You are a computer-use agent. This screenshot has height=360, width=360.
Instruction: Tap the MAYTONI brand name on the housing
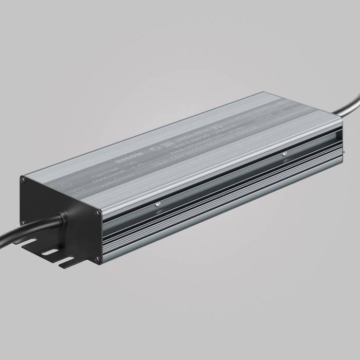[193, 141]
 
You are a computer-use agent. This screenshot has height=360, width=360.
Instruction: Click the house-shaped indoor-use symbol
[153, 154]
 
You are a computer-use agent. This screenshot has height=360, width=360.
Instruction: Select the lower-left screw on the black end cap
[23, 222]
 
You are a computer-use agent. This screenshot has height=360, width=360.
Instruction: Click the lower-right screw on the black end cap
[97, 259]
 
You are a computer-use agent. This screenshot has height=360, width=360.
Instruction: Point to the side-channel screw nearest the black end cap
[158, 206]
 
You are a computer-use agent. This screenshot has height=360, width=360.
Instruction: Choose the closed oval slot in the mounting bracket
[50, 252]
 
